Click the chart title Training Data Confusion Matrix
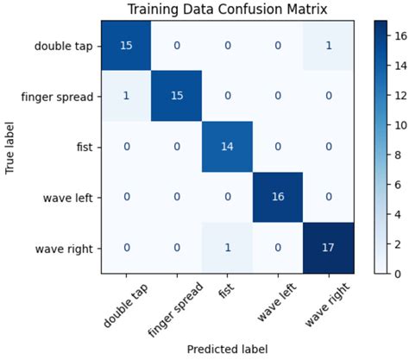click(x=227, y=9)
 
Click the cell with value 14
click(x=227, y=147)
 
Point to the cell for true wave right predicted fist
click(x=227, y=247)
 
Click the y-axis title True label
click(x=10, y=146)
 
